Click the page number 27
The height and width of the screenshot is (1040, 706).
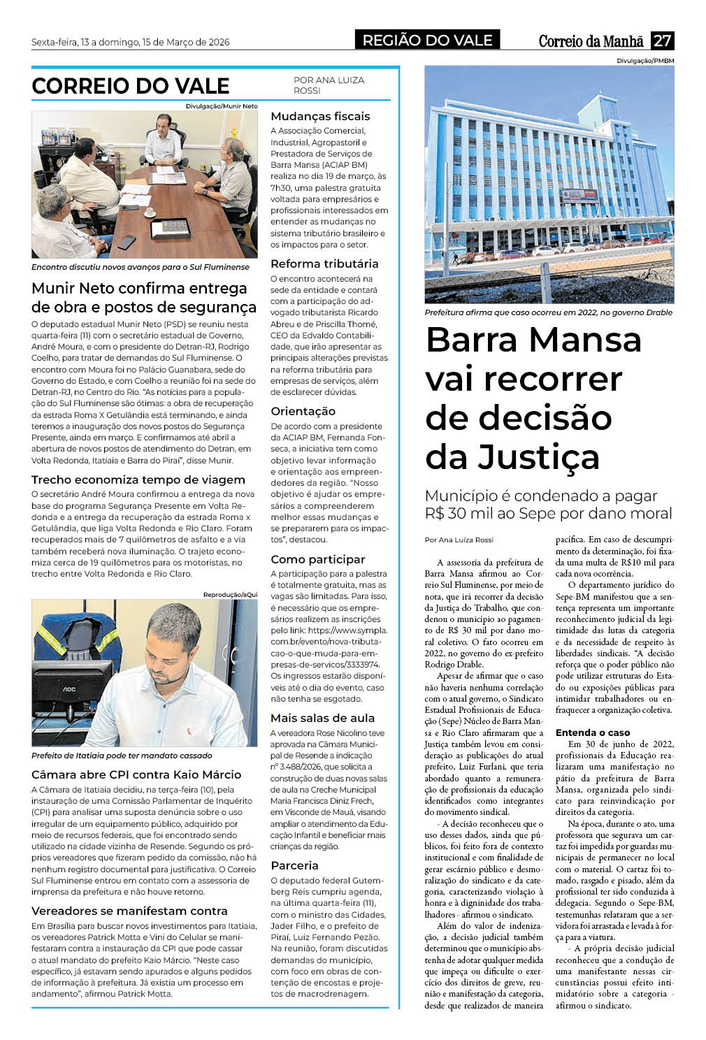[662, 41]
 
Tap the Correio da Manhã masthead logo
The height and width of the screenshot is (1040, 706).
[591, 41]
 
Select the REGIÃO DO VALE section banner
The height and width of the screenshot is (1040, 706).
[427, 41]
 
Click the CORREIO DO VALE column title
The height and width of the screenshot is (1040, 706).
[131, 86]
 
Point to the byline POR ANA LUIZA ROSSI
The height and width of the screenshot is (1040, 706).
[329, 85]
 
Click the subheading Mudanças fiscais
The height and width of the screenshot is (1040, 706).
[320, 116]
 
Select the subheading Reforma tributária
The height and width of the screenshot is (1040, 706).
[324, 263]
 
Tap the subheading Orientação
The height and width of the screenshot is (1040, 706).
[303, 411]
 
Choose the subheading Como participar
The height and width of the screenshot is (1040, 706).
[318, 559]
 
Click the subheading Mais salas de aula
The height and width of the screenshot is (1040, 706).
[322, 718]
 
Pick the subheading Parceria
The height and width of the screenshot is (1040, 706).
[294, 865]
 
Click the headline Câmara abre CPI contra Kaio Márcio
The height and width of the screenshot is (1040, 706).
[136, 774]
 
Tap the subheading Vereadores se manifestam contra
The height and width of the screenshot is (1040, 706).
[129, 911]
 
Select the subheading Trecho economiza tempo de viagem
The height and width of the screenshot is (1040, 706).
[138, 479]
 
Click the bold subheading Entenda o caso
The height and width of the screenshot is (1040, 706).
[593, 732]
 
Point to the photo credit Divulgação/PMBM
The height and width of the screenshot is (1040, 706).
[645, 62]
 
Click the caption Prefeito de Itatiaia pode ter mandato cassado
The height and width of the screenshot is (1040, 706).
[122, 756]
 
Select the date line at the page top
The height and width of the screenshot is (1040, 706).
[131, 42]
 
